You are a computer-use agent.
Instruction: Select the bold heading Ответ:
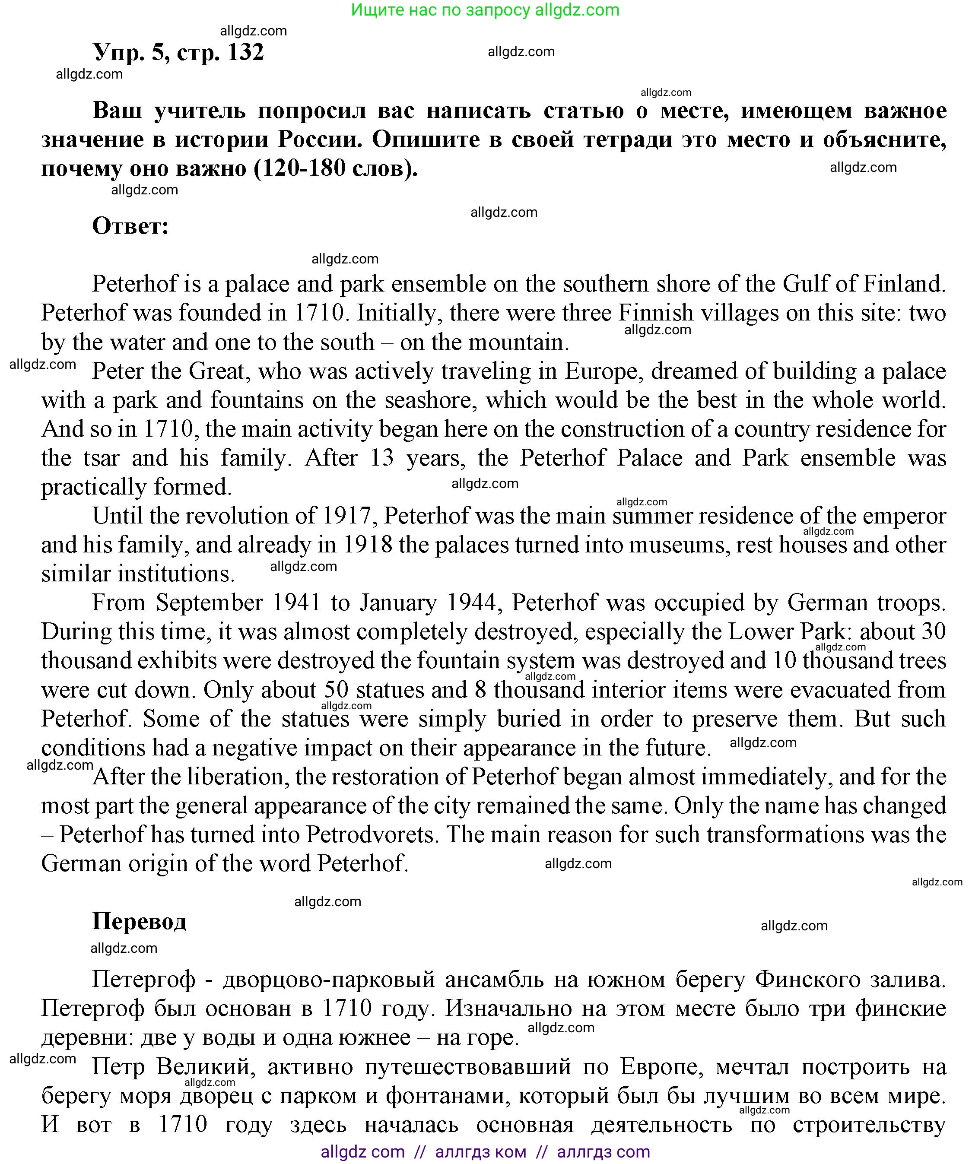[x=130, y=226]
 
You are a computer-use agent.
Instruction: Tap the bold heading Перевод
[x=139, y=921]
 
